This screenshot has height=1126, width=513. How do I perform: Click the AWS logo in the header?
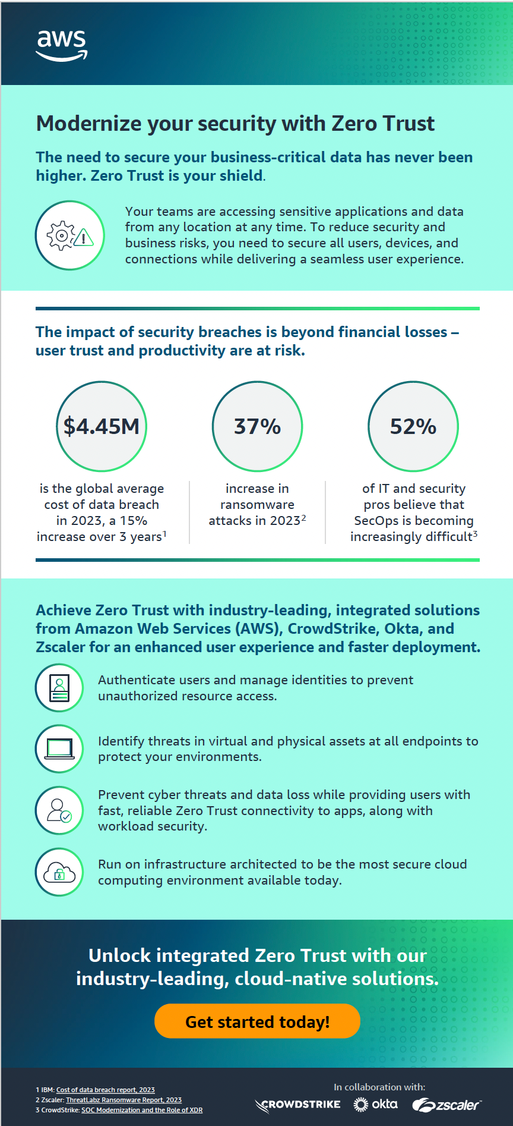tap(62, 45)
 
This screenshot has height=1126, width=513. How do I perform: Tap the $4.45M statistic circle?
tap(102, 426)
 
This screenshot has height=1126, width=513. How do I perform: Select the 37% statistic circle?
tap(257, 426)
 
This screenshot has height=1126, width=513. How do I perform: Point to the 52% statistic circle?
tap(413, 426)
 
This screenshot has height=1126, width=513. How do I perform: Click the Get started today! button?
tap(257, 1021)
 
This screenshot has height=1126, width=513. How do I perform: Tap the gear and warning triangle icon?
tap(70, 235)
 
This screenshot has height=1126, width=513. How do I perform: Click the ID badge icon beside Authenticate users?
tap(59, 688)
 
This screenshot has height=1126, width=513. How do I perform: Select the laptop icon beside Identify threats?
tap(59, 749)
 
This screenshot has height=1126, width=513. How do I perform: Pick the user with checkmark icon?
tap(59, 810)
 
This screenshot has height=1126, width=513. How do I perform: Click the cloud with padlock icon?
tap(59, 872)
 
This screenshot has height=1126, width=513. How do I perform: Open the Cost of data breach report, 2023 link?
tap(106, 1090)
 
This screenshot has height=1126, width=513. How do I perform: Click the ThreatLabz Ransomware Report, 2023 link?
tap(123, 1100)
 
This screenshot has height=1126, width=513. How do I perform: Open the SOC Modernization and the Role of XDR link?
tap(142, 1110)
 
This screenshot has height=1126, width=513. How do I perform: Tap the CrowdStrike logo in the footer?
tap(297, 1105)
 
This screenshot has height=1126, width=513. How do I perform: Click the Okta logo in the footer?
tap(375, 1104)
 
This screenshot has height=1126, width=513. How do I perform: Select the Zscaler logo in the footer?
tap(446, 1105)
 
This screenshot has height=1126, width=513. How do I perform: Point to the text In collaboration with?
tap(379, 1087)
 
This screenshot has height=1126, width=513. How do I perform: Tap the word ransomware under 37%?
tap(257, 505)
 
